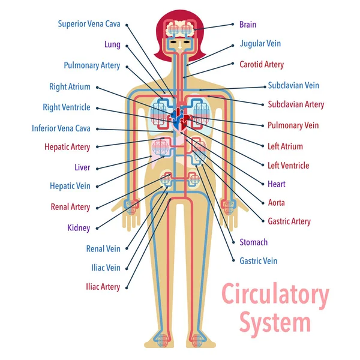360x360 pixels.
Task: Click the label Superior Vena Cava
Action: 89,24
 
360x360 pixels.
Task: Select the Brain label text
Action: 247,25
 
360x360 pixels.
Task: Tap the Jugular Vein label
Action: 260,44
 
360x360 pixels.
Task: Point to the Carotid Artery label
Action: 261,64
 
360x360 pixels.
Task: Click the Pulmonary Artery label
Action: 92,65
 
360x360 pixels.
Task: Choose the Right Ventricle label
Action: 66,107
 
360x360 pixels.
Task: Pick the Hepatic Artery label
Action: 67,146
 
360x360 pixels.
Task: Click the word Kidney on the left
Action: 79,228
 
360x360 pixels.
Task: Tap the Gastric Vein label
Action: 258,261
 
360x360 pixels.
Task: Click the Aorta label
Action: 277,203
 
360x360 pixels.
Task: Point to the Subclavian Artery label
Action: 296,104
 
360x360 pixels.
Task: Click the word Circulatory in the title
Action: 275,296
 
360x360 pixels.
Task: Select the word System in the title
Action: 275,322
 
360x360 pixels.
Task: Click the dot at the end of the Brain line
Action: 233,25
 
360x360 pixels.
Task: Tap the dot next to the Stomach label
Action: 233,242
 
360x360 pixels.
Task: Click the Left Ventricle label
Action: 288,166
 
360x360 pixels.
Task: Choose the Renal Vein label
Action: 103,248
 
